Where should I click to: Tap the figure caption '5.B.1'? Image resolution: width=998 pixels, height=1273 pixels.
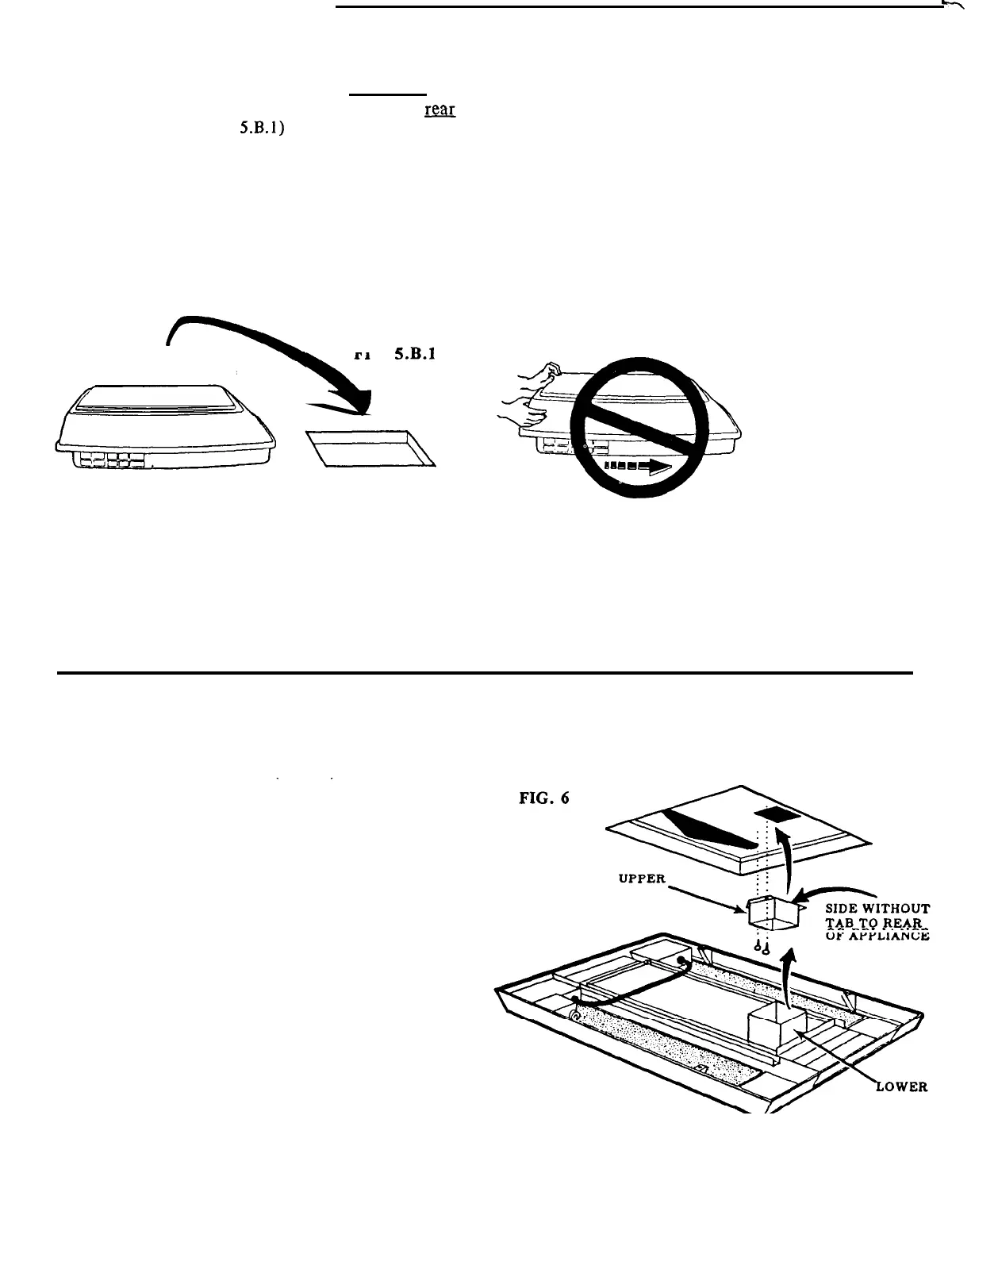[409, 354]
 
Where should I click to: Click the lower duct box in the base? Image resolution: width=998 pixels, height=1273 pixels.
[775, 1029]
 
